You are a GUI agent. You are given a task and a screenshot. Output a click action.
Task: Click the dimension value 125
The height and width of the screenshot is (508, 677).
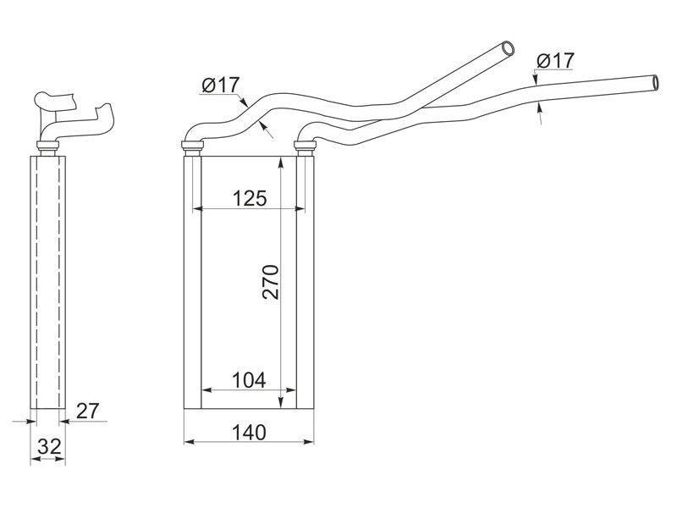(249, 199)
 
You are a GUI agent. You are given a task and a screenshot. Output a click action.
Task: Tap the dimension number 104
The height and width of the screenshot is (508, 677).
(249, 380)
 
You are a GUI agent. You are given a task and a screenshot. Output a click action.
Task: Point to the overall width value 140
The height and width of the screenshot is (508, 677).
(249, 432)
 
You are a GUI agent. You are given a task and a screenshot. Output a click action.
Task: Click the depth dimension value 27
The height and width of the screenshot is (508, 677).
(88, 411)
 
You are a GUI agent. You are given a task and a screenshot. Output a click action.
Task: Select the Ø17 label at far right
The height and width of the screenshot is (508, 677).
(556, 61)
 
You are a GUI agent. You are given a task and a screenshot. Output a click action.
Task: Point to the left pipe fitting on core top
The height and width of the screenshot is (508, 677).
(194, 149)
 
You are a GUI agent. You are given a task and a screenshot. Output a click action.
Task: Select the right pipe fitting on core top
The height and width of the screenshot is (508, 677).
(305, 149)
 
